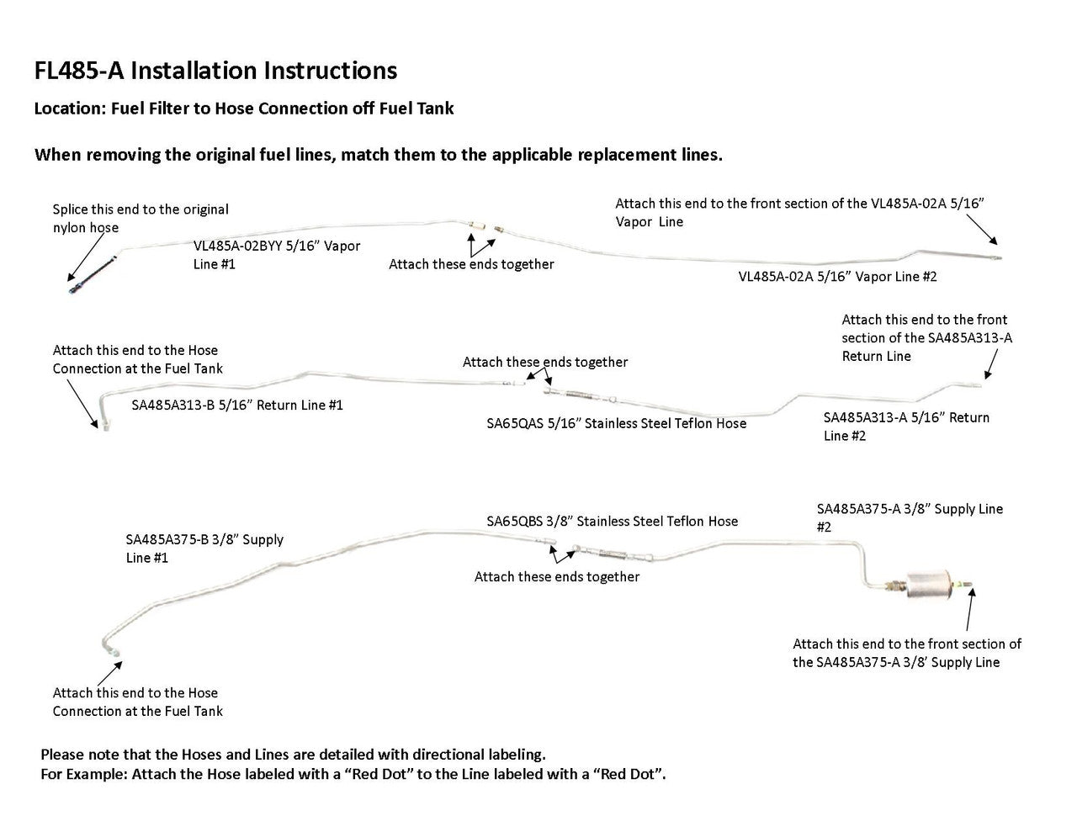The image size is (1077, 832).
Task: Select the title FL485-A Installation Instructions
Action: tap(215, 71)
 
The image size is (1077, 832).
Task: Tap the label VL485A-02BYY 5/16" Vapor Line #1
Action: tap(277, 255)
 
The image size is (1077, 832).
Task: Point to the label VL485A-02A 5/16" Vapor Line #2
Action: tap(837, 276)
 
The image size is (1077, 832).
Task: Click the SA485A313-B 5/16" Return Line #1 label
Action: tap(237, 405)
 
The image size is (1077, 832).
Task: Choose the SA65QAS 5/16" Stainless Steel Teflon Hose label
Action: tap(616, 423)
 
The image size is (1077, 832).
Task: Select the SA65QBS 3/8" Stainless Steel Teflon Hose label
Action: tap(612, 521)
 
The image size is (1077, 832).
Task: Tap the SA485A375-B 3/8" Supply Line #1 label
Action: tap(204, 548)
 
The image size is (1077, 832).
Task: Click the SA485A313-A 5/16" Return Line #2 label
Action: tap(906, 426)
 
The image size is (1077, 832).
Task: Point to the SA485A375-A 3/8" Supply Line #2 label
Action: tap(910, 517)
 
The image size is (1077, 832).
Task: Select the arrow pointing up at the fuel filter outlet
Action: tap(970, 609)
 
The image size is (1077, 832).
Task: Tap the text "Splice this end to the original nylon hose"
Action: tap(141, 218)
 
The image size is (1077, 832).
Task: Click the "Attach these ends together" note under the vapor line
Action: tap(471, 264)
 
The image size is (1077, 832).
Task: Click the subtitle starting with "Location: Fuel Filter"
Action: tap(244, 109)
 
